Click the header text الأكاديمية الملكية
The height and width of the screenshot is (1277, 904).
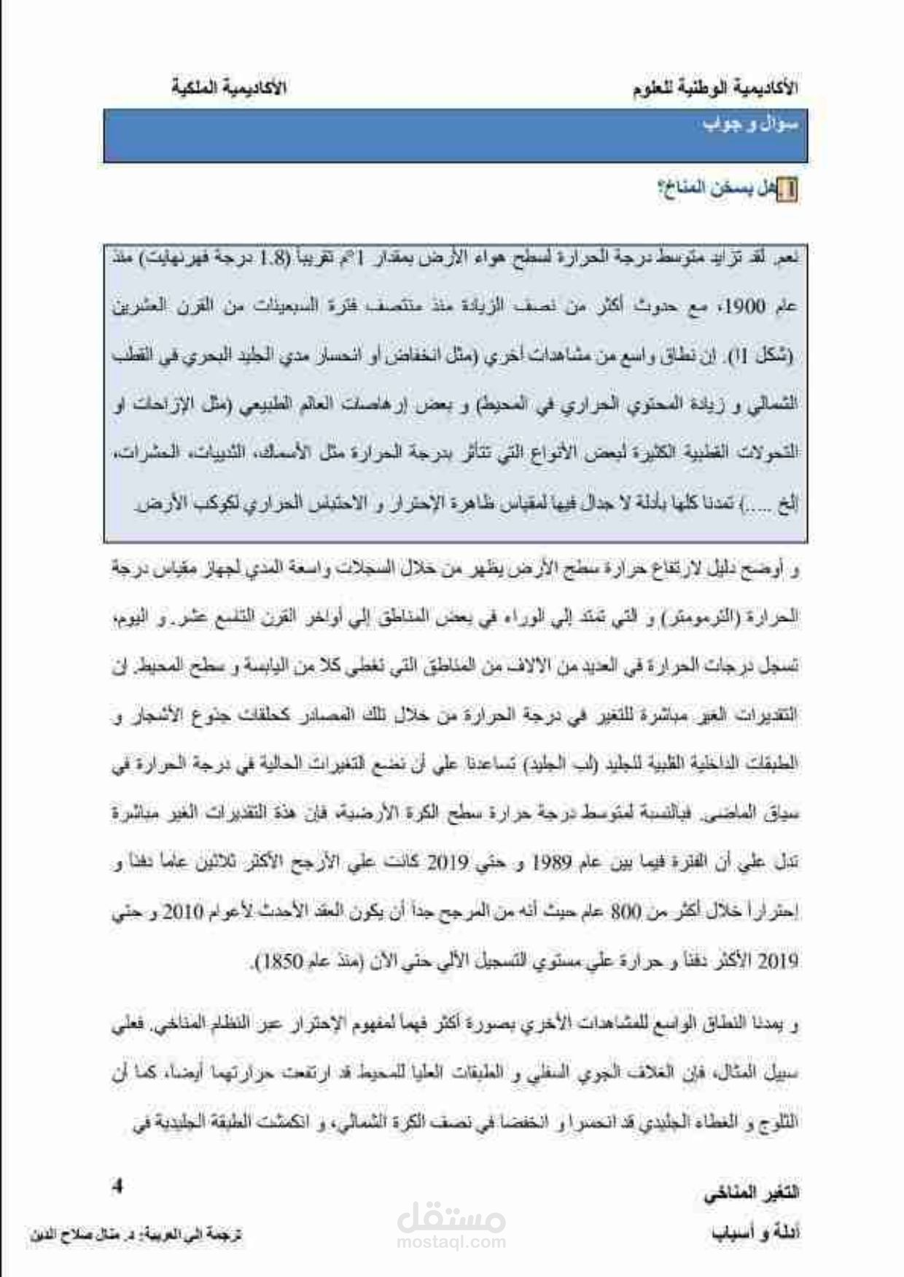click(x=229, y=89)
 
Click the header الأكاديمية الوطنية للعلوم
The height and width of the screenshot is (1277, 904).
click(x=716, y=89)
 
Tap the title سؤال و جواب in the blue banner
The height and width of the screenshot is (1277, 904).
click(x=750, y=125)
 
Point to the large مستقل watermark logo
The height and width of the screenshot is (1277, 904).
click(x=452, y=1213)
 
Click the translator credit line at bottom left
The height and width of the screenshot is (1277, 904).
click(x=136, y=1235)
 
